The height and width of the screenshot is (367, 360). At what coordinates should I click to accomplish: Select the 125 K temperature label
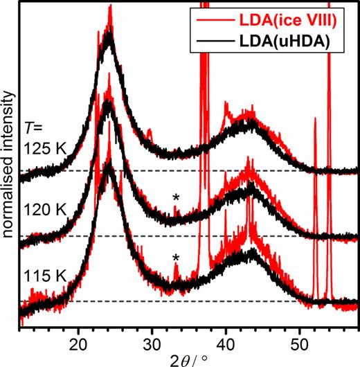tap(44, 147)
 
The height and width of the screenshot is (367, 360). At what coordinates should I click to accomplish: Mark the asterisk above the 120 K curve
tap(176, 198)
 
